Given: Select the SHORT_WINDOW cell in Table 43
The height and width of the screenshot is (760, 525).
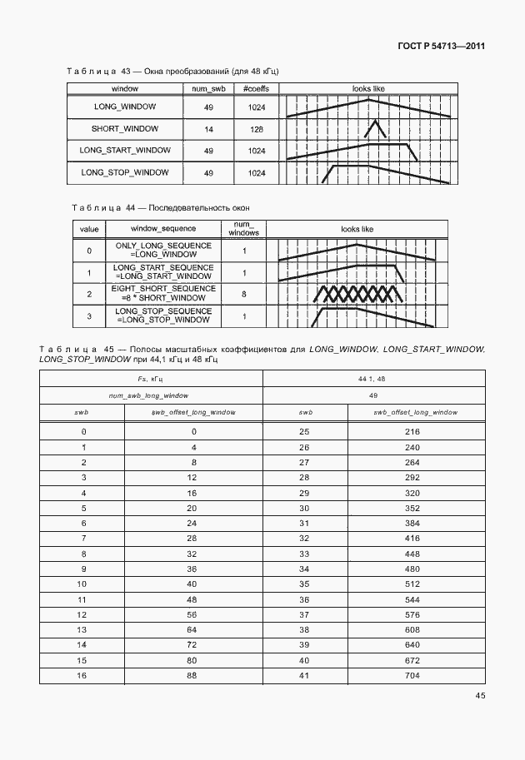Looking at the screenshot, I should click(125, 129).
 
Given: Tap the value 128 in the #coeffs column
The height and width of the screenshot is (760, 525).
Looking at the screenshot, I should click(256, 130).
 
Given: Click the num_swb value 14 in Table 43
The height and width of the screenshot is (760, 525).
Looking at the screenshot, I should click(208, 130).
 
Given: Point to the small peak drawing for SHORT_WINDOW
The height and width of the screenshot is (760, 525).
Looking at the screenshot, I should click(375, 129).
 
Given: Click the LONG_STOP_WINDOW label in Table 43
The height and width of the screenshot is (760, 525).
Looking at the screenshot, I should click(125, 172).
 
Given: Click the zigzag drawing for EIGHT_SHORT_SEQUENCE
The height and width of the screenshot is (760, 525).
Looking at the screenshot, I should click(356, 294).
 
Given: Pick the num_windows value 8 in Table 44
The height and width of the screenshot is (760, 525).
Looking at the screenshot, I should click(244, 294).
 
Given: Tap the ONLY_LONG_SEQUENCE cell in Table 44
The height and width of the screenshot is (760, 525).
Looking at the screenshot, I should click(164, 251).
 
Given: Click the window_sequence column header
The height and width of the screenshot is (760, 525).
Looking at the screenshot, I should click(164, 228).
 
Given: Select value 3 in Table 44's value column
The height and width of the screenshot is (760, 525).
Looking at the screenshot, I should click(89, 315).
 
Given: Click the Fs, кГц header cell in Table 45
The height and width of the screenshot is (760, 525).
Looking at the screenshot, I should click(151, 379).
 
